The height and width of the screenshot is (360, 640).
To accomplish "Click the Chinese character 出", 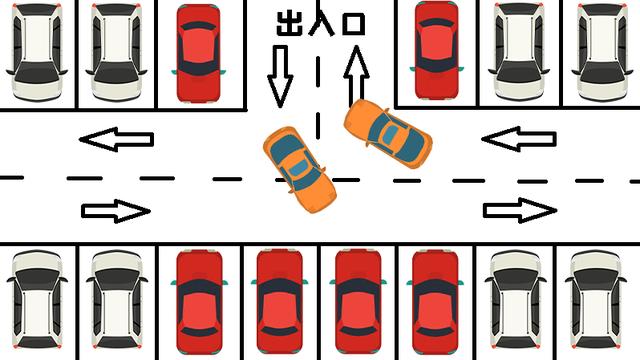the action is [x=289, y=23].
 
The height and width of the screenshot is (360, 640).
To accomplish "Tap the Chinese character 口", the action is [x=353, y=24].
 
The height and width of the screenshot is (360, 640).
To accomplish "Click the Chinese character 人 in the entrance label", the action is [x=321, y=22].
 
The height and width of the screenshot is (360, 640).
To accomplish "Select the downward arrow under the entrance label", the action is [x=280, y=76].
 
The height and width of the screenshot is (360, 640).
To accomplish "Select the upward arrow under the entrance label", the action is [x=356, y=76].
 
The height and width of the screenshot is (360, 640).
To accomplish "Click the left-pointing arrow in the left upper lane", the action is [x=116, y=139].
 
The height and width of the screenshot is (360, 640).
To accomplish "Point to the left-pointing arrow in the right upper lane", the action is [x=519, y=139].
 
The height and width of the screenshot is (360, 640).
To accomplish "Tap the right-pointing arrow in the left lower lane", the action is [x=116, y=211].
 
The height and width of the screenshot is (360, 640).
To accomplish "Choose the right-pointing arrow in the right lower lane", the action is [x=520, y=210].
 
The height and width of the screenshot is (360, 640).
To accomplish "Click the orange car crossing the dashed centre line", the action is [x=299, y=169].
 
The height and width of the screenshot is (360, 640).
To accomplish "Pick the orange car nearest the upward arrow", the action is [x=387, y=133].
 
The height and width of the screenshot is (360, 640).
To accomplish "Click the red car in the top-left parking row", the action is [x=198, y=53].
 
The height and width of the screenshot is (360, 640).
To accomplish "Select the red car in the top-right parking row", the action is [x=436, y=50].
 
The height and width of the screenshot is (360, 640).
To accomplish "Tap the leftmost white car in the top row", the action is [x=37, y=52].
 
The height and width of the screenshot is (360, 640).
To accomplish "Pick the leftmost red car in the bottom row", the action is [x=199, y=302].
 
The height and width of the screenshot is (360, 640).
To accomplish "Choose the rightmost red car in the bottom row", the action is [x=435, y=302].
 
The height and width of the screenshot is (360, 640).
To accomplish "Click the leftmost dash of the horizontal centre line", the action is [x=11, y=178].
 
